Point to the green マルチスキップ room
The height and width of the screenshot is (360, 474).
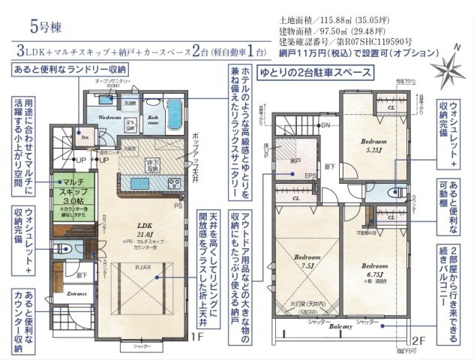pyautogui.click(x=73, y=187)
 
